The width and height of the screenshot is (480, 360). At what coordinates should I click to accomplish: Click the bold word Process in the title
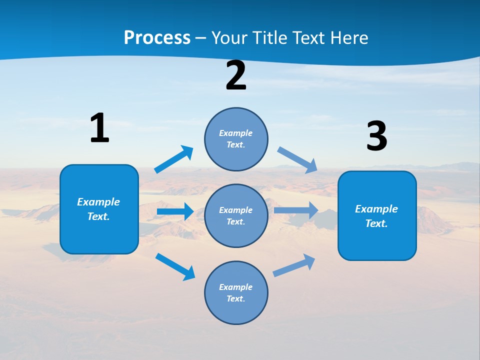point(157,37)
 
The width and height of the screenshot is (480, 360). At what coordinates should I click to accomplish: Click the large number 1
point(99,128)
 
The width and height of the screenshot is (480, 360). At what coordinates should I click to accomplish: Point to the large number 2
point(236,76)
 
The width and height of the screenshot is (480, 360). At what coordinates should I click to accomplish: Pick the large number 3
point(376,136)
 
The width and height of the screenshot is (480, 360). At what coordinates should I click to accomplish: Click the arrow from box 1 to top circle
point(173,159)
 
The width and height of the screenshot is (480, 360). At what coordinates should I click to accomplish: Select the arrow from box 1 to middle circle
point(175,211)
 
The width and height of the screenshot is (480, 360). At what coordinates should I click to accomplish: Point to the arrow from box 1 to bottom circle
point(175,266)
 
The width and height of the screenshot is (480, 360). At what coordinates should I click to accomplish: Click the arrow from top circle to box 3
point(297,159)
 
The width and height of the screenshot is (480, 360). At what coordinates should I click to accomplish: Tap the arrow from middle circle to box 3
point(295,210)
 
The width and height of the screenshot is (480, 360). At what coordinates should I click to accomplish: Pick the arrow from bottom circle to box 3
point(294,265)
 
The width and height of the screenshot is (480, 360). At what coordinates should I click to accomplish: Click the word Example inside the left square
point(98,202)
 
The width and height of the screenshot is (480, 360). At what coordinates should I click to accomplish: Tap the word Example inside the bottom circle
point(235,287)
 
